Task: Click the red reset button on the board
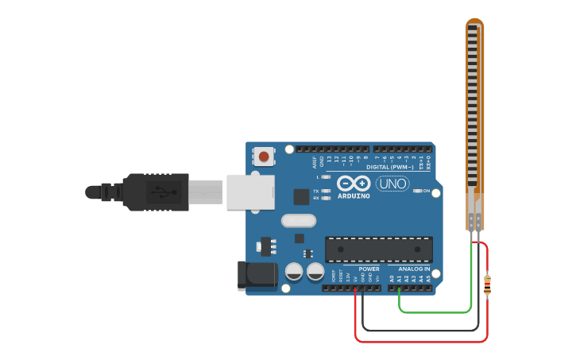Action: (263, 156)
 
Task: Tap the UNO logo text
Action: (392, 184)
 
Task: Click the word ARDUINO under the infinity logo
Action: (354, 195)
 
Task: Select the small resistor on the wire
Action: (487, 283)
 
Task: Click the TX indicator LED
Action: (325, 191)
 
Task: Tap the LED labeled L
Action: (325, 176)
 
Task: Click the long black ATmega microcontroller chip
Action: (379, 249)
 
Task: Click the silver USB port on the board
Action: (249, 192)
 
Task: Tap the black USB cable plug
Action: (155, 192)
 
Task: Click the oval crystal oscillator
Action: (299, 221)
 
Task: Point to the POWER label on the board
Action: (369, 269)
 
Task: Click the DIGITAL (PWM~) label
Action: (389, 167)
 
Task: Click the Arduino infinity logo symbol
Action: (354, 183)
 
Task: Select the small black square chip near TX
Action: (301, 196)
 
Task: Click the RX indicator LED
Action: (325, 198)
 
